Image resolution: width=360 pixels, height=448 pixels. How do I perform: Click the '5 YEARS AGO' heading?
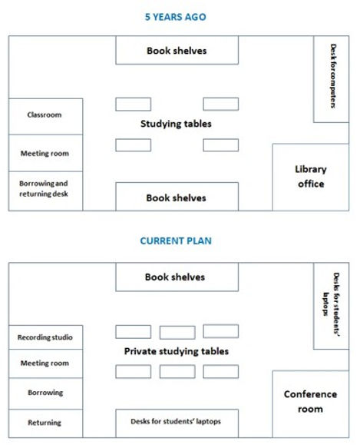176,16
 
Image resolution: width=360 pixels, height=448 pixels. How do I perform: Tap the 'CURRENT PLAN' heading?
176,241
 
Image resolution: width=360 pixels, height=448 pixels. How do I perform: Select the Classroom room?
45,115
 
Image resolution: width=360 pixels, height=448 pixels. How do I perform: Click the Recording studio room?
45,337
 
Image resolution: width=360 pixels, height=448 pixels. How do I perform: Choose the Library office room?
311,177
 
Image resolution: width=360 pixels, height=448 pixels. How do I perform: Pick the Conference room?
311,401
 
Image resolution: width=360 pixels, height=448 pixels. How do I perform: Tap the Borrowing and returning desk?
45,190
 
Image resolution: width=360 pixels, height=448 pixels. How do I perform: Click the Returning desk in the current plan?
45,423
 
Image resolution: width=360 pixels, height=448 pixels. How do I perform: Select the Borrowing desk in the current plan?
45,393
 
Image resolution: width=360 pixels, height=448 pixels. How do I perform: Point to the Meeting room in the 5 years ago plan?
45,153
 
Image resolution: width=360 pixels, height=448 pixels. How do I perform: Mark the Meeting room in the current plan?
45,363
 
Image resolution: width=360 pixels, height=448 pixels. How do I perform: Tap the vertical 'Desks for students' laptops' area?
332,305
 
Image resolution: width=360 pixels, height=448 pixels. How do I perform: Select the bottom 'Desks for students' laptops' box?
177,423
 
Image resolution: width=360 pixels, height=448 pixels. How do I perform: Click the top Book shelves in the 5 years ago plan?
177,51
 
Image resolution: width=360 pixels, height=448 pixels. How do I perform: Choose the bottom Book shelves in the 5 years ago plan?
177,197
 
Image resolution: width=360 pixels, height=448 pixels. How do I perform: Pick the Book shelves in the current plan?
177,277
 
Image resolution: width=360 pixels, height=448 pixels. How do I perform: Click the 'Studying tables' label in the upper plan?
176,124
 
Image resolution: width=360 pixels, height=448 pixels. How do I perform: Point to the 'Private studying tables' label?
177,351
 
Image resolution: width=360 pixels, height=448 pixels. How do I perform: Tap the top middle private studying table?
177,332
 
